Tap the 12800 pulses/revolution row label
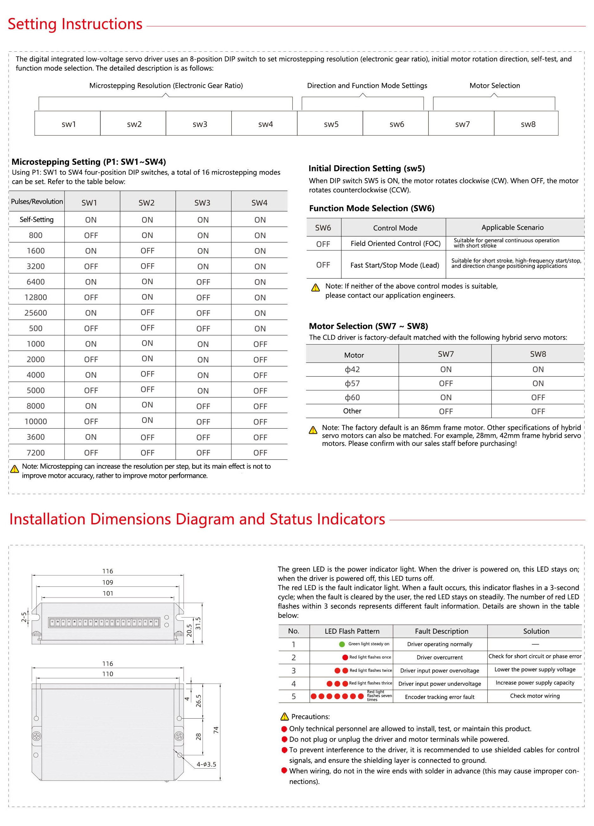pyautogui.click(x=36, y=297)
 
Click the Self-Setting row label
pyautogui.click(x=36, y=219)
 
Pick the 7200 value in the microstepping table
pyautogui.click(x=36, y=452)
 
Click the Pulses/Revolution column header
pyautogui.click(x=37, y=202)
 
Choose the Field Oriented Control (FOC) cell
pyautogui.click(x=395, y=243)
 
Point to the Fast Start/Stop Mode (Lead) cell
pyautogui.click(x=395, y=265)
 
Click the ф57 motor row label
pyautogui.click(x=352, y=383)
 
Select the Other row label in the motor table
pyautogui.click(x=352, y=411)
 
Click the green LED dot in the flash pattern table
pyautogui.click(x=342, y=644)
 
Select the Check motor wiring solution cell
pyautogui.click(x=535, y=695)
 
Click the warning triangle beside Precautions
pyautogui.click(x=284, y=717)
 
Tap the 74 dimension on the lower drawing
pyautogui.click(x=216, y=730)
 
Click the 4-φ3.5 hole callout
pyautogui.click(x=206, y=765)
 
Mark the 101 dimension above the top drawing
pyautogui.click(x=108, y=593)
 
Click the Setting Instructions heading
pyautogui.click(x=75, y=24)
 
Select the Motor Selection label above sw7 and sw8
pyautogui.click(x=494, y=86)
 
